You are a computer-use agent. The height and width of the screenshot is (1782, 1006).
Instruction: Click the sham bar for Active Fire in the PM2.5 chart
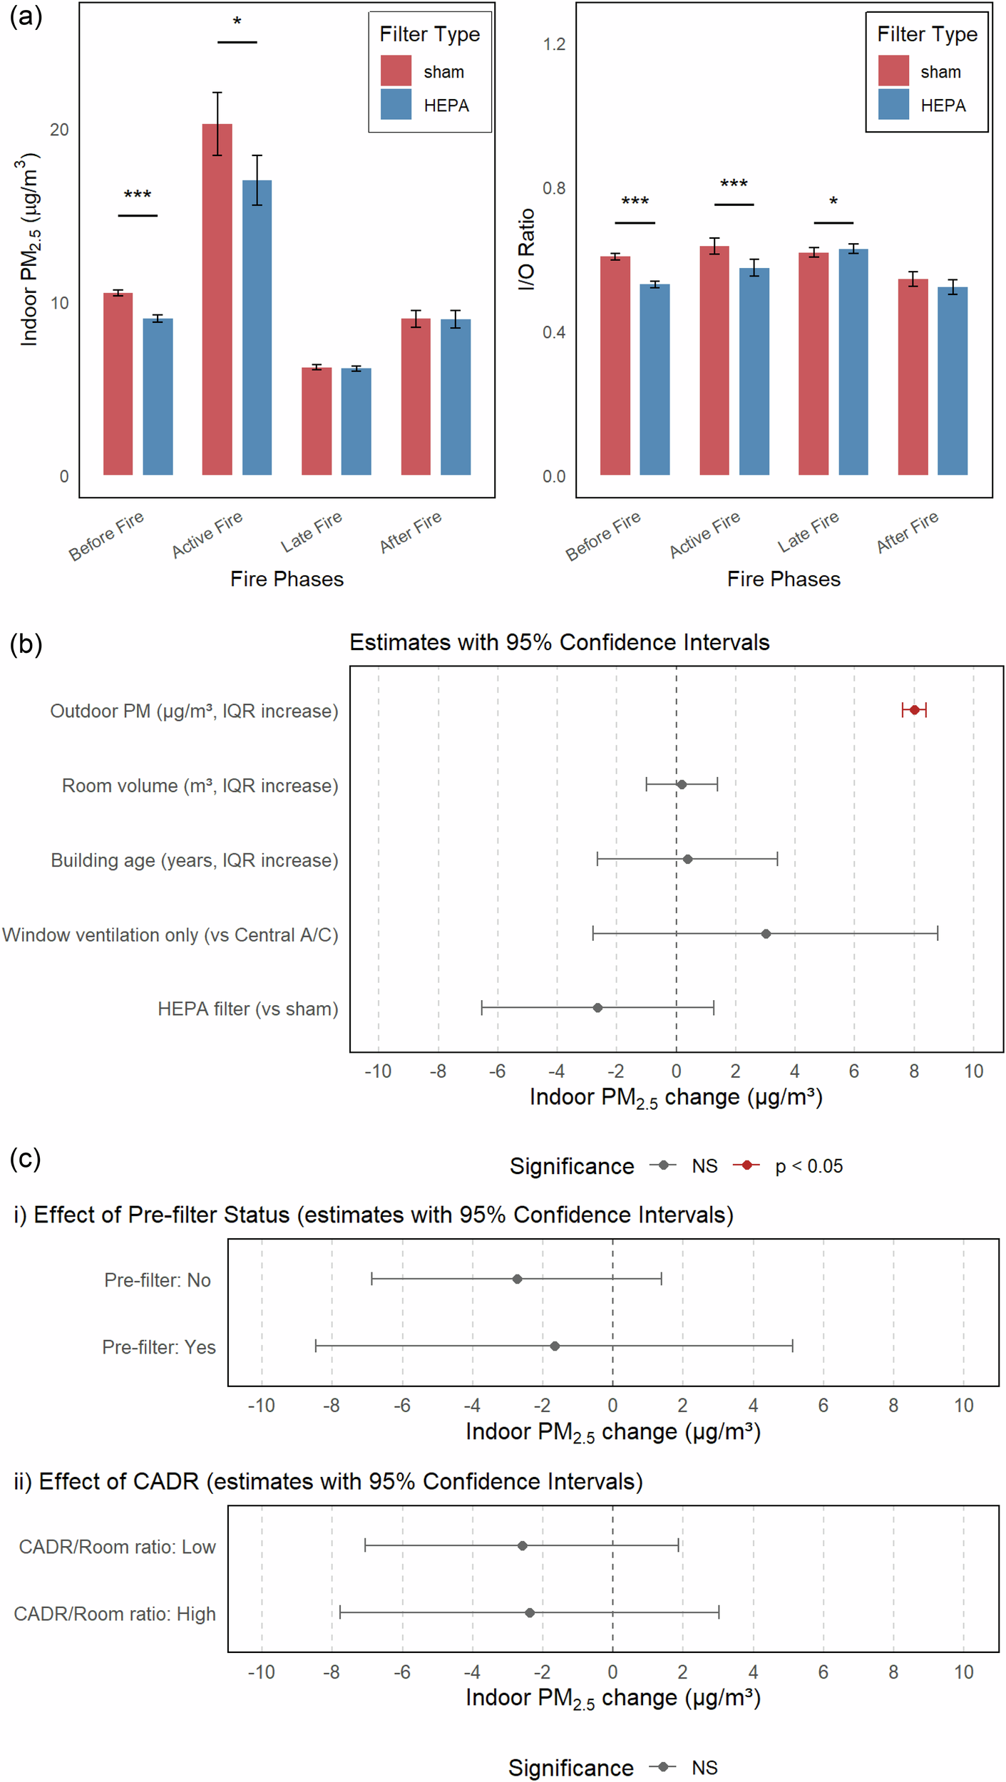(217, 299)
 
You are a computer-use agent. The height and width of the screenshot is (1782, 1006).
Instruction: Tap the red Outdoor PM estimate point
(913, 710)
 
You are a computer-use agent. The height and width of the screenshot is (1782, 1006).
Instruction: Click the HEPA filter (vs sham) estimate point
(597, 1008)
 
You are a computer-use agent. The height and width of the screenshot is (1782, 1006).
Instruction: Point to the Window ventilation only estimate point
(765, 934)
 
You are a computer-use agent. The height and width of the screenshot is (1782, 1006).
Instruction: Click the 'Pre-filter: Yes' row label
(158, 1347)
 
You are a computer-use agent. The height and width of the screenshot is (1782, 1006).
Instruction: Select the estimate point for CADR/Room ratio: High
(529, 1612)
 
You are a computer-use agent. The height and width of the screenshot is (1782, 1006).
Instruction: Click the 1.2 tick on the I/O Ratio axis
(554, 44)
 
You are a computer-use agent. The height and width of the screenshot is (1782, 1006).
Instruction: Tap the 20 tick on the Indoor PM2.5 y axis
(59, 130)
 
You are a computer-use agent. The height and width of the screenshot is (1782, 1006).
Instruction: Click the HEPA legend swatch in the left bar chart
(396, 104)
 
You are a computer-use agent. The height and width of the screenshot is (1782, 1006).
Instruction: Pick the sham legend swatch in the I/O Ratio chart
(893, 71)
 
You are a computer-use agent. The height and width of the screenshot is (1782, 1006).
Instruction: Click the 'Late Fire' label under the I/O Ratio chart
(808, 532)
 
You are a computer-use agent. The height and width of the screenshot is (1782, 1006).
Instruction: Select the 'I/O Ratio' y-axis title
(526, 249)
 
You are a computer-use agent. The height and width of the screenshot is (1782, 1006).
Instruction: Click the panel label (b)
(26, 644)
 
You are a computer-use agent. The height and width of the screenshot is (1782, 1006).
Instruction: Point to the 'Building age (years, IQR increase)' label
(194, 860)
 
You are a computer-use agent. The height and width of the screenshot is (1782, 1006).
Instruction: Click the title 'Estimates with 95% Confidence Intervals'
(559, 642)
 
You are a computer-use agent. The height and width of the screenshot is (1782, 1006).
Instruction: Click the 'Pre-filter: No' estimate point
(517, 1279)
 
